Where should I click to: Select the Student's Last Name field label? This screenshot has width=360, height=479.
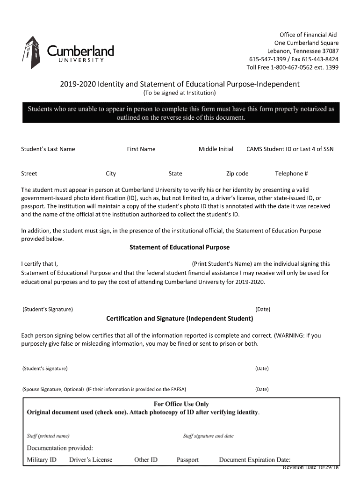[x=48, y=149]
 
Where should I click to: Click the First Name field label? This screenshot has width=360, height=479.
[x=141, y=149]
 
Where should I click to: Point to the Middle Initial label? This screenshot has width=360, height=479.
[x=216, y=149]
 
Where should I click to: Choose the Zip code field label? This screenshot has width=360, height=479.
[x=237, y=174]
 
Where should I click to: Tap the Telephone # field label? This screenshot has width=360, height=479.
[x=291, y=174]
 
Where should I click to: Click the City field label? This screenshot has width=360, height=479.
[x=111, y=174]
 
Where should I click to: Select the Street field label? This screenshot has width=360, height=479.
[x=29, y=174]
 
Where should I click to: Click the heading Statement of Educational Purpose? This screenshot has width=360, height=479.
[x=180, y=247]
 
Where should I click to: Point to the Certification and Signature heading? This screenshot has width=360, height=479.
[x=180, y=319]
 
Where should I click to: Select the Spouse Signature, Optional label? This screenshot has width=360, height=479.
[x=53, y=389]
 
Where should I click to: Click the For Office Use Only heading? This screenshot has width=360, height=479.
[x=181, y=404]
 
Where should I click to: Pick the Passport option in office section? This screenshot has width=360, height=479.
[x=187, y=460]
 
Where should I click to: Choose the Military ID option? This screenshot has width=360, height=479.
[x=42, y=460]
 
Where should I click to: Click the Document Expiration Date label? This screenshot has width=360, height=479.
[x=255, y=460]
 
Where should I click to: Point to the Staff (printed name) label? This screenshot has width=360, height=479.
[x=48, y=436]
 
